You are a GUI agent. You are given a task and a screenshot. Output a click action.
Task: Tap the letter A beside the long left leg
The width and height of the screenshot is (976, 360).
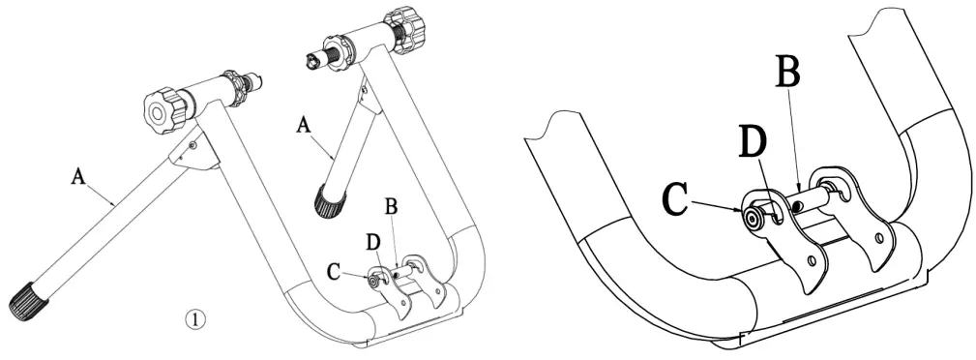click(78, 176)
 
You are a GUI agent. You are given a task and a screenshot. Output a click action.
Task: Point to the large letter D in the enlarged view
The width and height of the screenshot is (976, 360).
click(752, 141)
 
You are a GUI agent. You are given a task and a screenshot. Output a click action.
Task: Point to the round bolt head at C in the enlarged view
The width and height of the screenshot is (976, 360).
click(751, 219)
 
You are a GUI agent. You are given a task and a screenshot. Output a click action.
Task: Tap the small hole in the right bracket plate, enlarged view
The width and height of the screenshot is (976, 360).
click(879, 237)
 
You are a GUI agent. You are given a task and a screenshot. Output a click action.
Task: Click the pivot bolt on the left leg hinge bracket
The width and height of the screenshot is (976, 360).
click(193, 144)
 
